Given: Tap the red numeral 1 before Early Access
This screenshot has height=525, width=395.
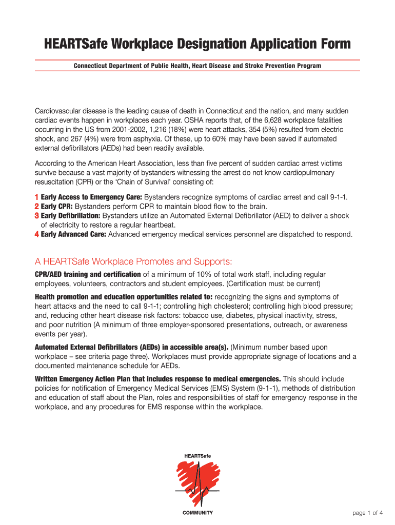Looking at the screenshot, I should [x=36, y=197].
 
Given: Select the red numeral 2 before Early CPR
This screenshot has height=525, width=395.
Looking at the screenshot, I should [x=36, y=207].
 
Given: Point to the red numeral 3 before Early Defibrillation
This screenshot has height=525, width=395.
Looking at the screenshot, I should [x=36, y=216].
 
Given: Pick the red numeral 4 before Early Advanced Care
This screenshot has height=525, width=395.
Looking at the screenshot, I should [x=36, y=234].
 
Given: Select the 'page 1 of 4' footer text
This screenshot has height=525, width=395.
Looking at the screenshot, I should [x=368, y=513].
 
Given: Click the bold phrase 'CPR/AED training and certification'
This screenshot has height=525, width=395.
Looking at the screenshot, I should [x=88, y=275].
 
